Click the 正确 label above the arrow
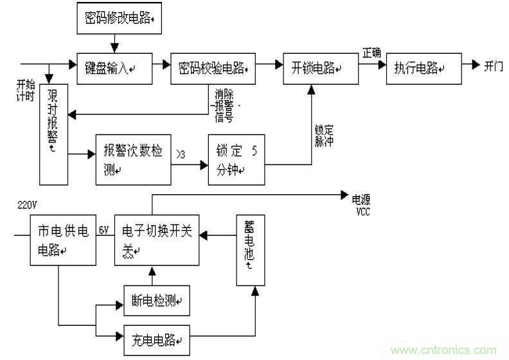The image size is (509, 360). point(371,52)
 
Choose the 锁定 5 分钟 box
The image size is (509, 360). point(236,159)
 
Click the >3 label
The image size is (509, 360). point(183,154)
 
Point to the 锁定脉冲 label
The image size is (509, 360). point(323,135)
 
